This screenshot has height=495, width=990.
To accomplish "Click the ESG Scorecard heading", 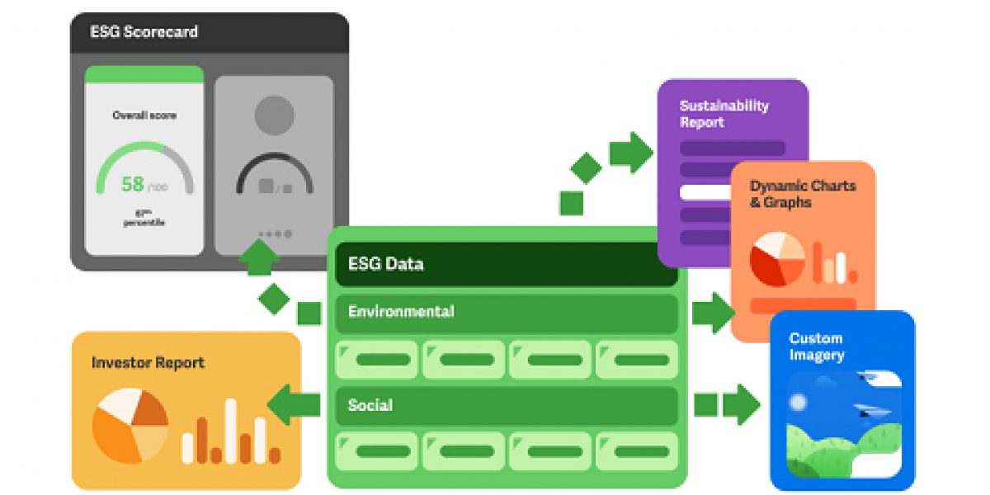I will tap(144, 33).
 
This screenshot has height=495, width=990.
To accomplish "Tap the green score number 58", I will tap(133, 184).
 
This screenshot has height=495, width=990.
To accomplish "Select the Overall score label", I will tap(144, 115).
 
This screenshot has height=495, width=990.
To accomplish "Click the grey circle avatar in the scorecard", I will tap(275, 115).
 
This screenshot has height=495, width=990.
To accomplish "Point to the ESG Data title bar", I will tap(507, 265).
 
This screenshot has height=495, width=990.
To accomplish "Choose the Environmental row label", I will tap(401, 312).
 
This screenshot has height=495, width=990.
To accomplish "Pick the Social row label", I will tap(370, 406).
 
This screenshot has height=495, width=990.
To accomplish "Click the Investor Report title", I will tap(148, 363).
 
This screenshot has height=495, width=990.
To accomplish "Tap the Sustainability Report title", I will tap(724, 114).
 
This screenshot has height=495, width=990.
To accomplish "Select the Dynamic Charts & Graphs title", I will tap(802, 194).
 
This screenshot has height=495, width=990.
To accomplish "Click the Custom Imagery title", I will tap(816, 346).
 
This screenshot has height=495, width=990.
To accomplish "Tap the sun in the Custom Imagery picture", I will tap(797, 403).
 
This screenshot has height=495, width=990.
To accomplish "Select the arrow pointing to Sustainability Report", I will tap(630, 153).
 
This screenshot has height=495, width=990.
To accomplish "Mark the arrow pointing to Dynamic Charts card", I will tap(713, 313).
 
